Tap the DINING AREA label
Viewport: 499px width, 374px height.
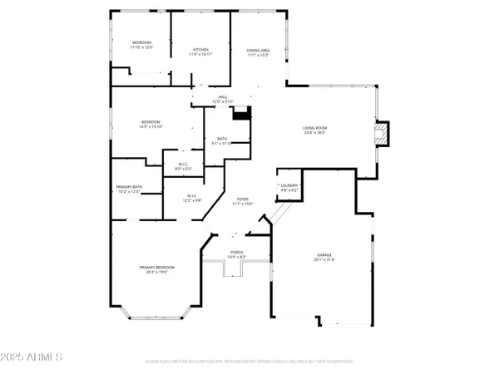point(258,52)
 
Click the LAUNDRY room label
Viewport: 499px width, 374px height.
point(289,187)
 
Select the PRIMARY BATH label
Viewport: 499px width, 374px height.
point(129,189)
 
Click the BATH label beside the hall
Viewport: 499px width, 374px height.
point(223,140)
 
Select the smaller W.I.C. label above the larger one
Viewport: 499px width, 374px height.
point(182,165)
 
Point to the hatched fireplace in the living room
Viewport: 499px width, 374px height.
point(380,135)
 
